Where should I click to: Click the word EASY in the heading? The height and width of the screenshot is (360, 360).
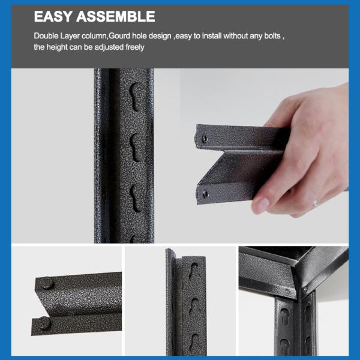coord(53,16)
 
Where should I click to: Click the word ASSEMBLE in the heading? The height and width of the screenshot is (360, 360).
coord(116,16)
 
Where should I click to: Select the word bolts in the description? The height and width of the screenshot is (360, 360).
coord(272,36)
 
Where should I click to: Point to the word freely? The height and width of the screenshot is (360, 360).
coord(135,47)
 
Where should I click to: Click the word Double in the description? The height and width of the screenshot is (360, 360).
coord(46,36)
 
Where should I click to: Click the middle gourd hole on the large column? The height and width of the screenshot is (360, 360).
coord(136,148)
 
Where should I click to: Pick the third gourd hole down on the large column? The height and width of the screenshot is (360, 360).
coord(136,198)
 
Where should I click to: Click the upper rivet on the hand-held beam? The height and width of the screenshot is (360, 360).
coord(204,139)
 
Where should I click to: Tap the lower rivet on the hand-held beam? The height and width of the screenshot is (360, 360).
coord(205,194)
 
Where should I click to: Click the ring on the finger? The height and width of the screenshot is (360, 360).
coord(316,203)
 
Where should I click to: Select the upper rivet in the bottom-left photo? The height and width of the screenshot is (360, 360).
coord(47,283)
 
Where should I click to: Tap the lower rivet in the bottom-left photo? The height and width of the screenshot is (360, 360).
coord(44,322)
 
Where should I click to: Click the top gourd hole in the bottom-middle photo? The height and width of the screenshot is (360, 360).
coord(194,271)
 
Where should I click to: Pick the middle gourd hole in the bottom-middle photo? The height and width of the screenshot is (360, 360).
coord(195,307)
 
